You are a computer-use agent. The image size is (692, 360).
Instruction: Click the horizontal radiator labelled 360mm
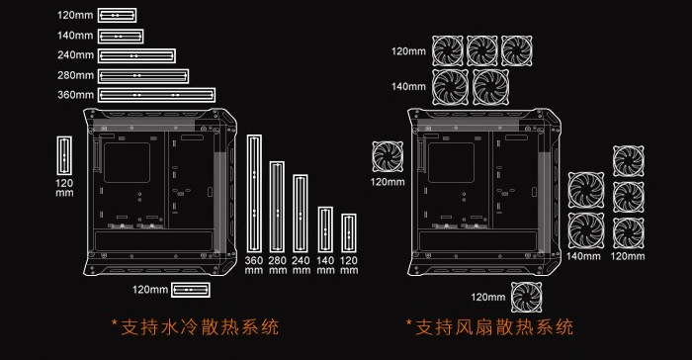(157, 95)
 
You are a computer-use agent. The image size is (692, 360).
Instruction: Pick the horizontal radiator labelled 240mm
(137, 55)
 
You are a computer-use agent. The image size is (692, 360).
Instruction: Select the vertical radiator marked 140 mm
(325, 229)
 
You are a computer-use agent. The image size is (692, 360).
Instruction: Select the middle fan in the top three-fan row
(482, 50)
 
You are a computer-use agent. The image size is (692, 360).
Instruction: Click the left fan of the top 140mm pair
(450, 86)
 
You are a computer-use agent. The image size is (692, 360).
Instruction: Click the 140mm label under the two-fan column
(583, 256)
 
